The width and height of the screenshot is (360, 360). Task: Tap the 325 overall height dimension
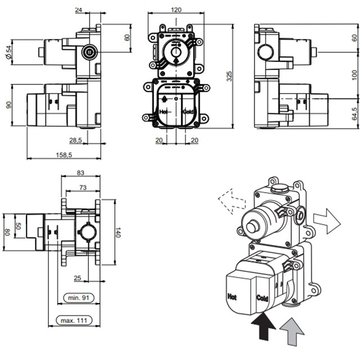(228, 76)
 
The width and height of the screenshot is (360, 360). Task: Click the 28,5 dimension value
(77, 140)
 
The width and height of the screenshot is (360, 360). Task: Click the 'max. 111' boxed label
(75, 321)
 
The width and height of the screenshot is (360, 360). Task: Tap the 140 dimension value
(118, 232)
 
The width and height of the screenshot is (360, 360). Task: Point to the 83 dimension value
(80, 173)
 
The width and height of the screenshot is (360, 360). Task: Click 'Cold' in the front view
(188, 112)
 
